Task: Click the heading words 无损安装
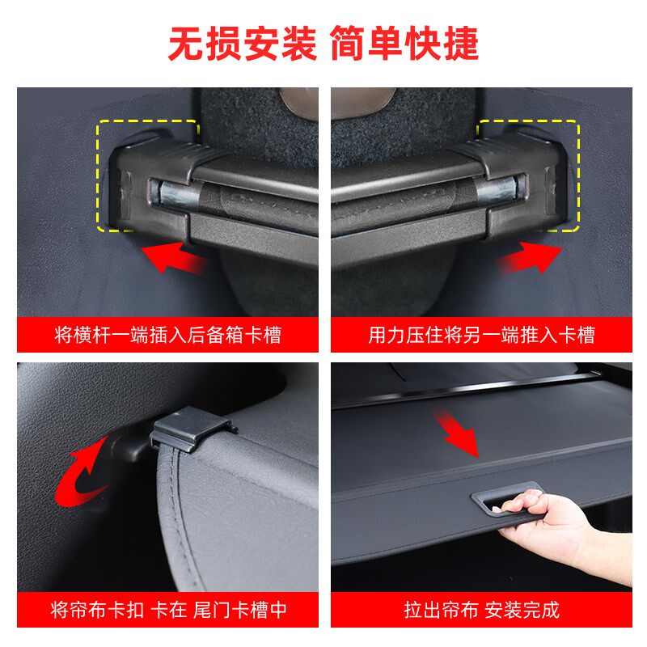(x=242, y=44)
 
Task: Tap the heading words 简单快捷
(x=404, y=44)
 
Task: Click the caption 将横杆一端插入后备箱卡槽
(x=167, y=335)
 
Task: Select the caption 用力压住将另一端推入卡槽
(x=481, y=335)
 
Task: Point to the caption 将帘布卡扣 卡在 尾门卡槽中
(x=167, y=609)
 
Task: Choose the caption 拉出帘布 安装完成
(x=481, y=609)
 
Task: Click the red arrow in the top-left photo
(x=175, y=260)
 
